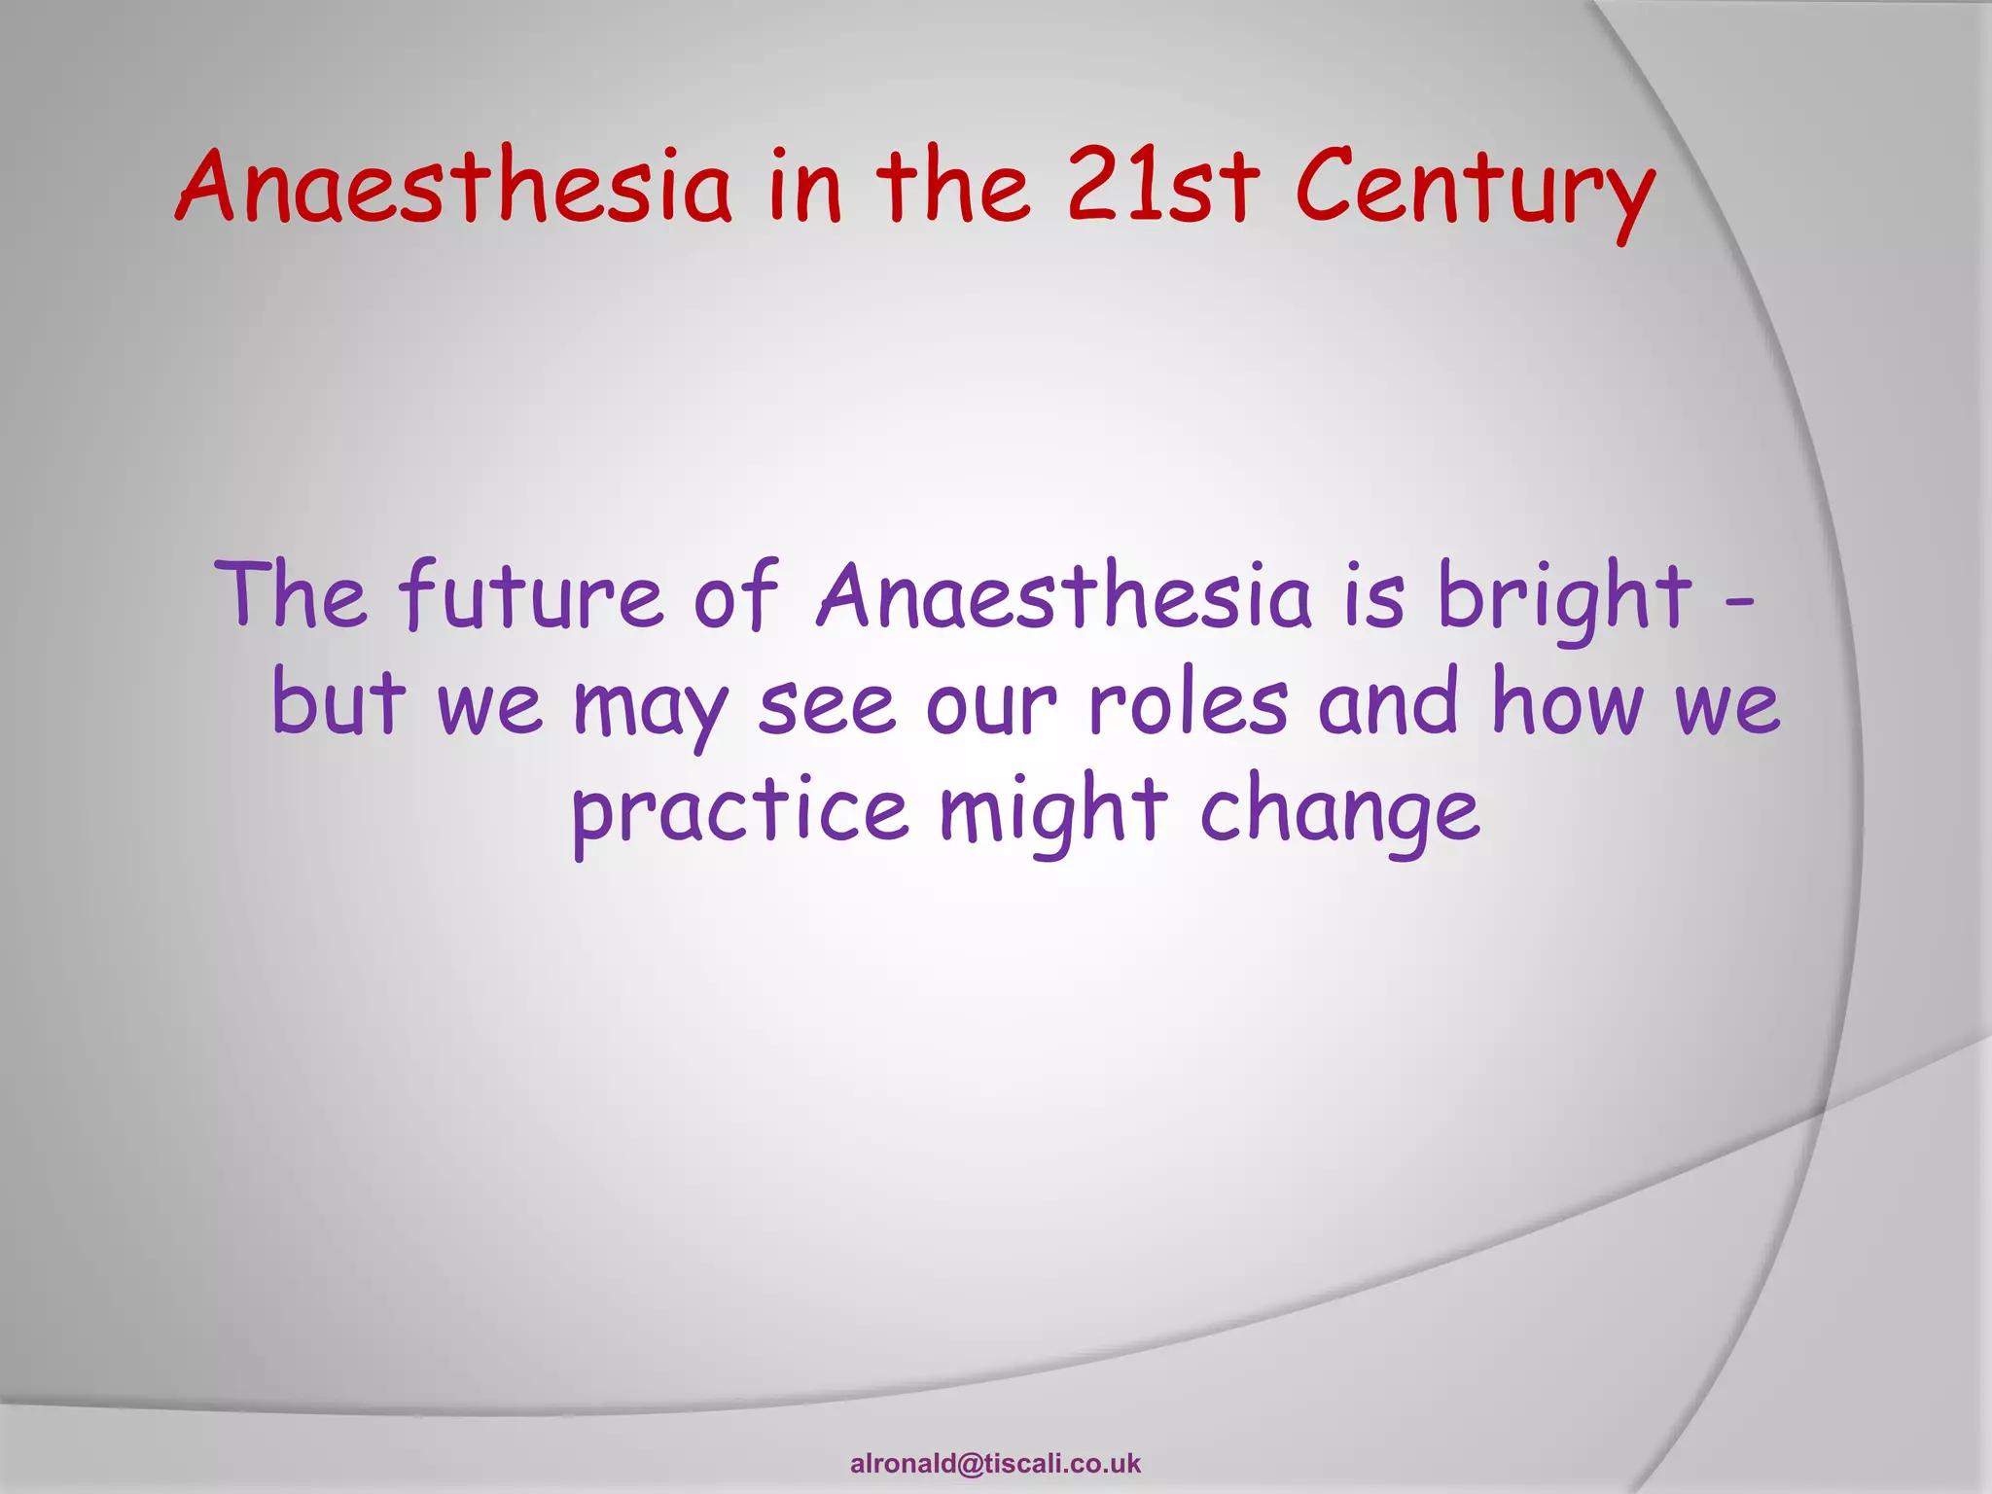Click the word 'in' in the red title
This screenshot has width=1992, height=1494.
coord(803,187)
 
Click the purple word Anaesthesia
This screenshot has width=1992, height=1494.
coord(1064,595)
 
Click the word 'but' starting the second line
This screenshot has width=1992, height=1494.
coord(338,702)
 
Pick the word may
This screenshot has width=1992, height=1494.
coord(650,708)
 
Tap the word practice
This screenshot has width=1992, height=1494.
coord(739,812)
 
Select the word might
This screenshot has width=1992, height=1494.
coord(1052,812)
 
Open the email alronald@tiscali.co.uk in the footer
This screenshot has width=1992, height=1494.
coord(995,1464)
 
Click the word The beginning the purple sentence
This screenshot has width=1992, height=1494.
coord(290,595)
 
